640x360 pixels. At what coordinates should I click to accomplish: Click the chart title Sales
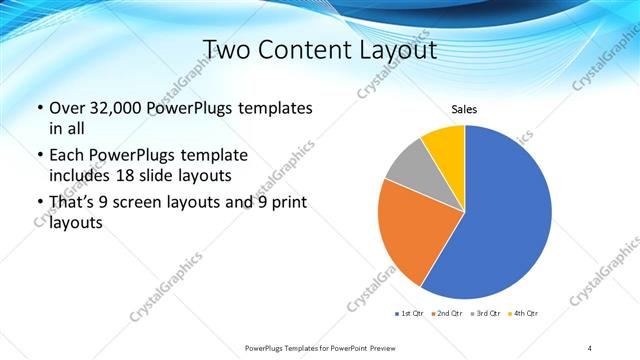coord(464,108)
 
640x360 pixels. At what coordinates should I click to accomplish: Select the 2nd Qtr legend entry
coord(447,314)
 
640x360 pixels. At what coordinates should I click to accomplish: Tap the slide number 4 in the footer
coord(590,347)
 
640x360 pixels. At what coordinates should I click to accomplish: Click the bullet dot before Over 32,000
coord(39,108)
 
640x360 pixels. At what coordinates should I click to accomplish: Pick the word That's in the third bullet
coord(73,203)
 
